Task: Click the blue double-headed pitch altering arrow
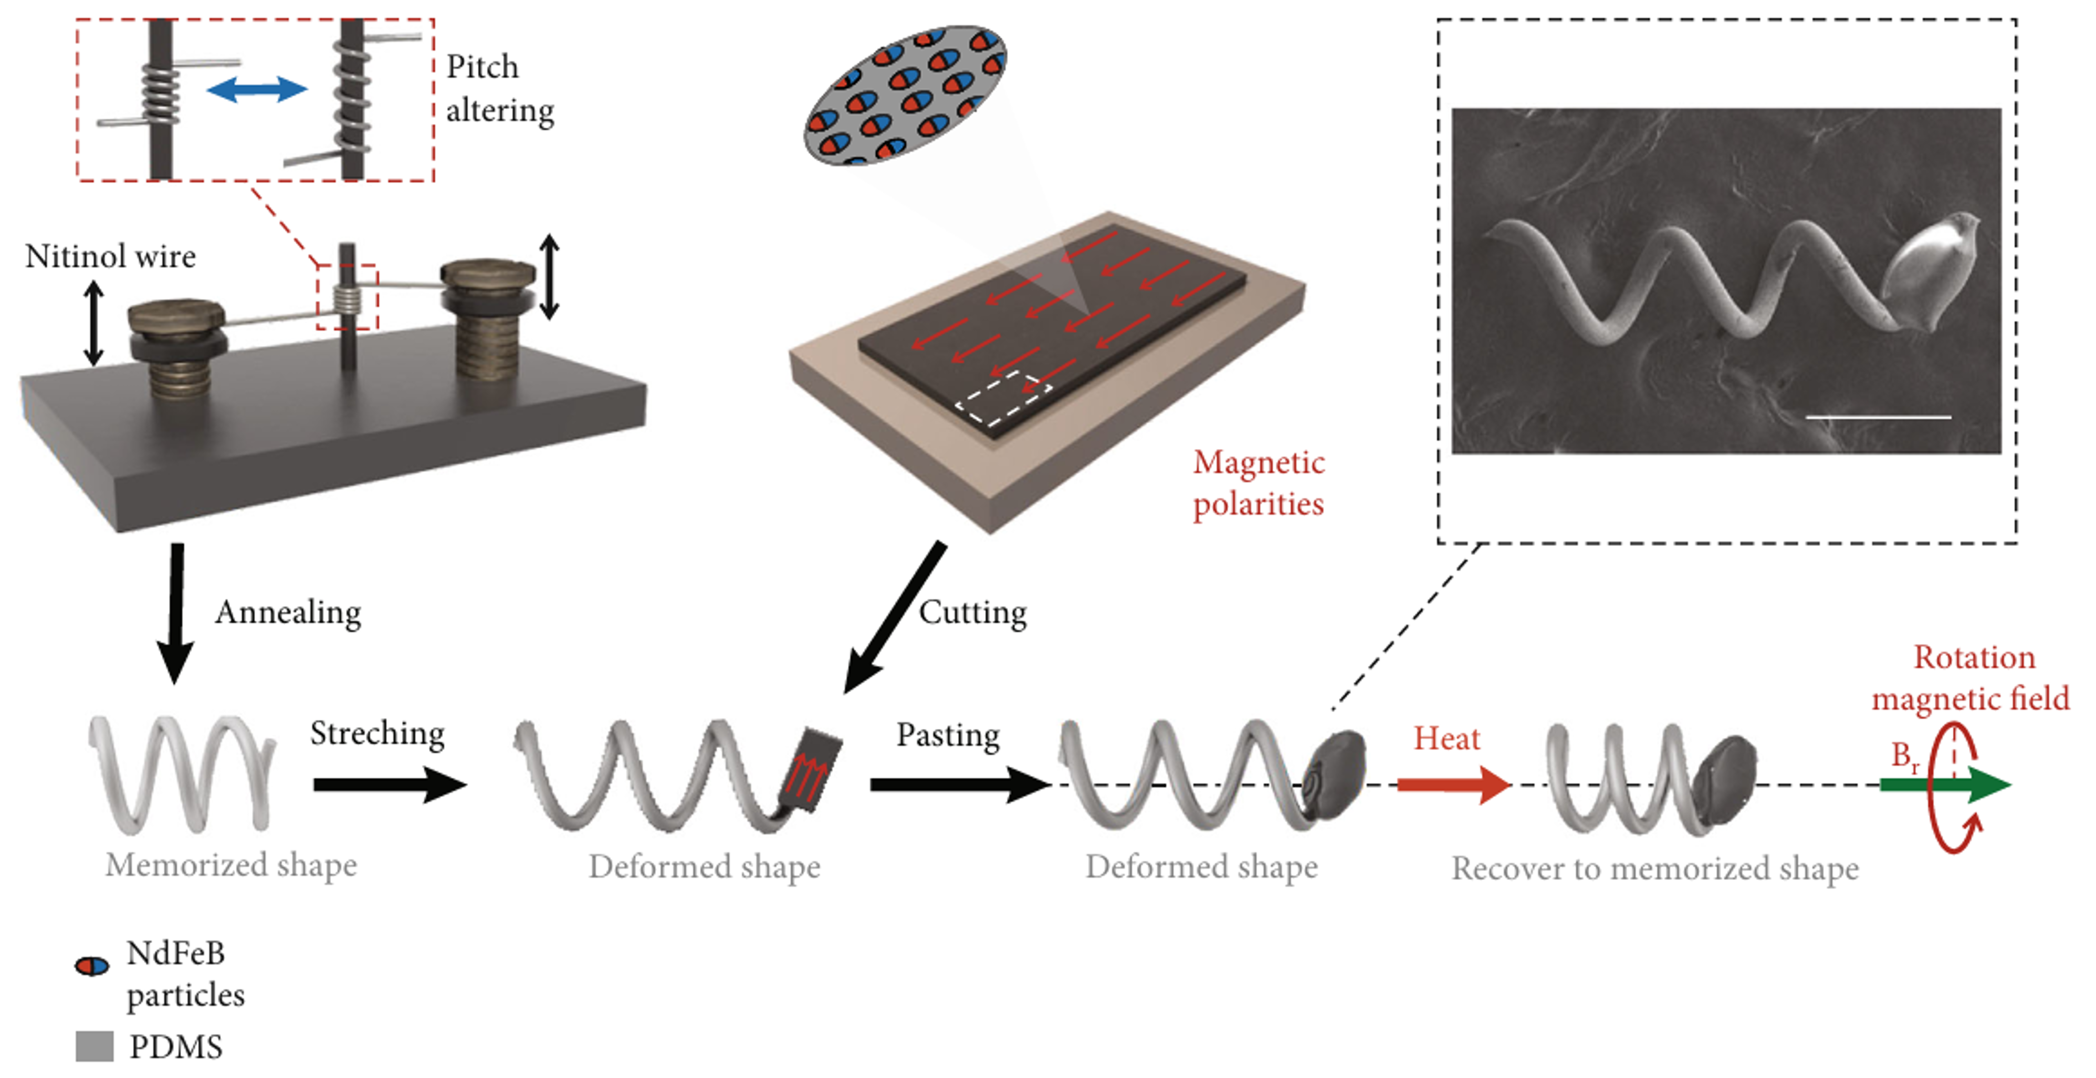tap(257, 89)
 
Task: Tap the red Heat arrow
tap(1452, 784)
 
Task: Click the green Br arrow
tap(1945, 784)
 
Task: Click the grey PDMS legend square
tap(95, 1046)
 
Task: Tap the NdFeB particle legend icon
tap(92, 966)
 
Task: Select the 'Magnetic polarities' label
tap(1258, 483)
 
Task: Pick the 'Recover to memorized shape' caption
tap(1655, 868)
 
